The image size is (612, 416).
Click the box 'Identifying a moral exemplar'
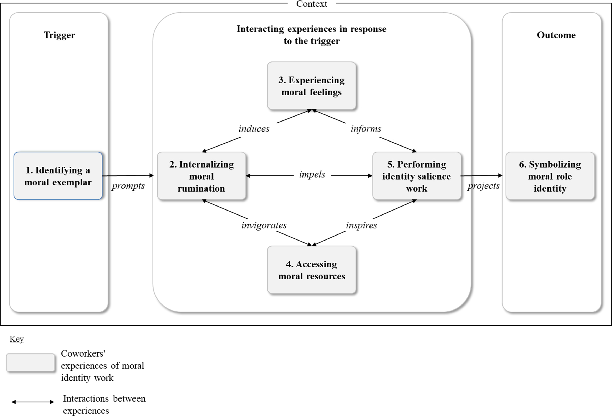pyautogui.click(x=58, y=176)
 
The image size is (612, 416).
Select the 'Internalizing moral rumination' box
pyautogui.click(x=202, y=176)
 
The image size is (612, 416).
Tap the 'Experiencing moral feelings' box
pyautogui.click(x=312, y=86)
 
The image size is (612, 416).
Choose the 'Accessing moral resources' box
pyautogui.click(x=312, y=270)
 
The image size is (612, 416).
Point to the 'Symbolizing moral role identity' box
pyautogui.click(x=550, y=176)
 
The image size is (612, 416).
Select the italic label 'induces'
pyautogui.click(x=254, y=129)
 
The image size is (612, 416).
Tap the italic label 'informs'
pyautogui.click(x=366, y=129)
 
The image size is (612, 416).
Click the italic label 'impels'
pyautogui.click(x=312, y=174)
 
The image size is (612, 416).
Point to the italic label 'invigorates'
pyautogui.click(x=264, y=225)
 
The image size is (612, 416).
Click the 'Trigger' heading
pyautogui.click(x=60, y=35)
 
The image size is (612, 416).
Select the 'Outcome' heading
pyautogui.click(x=556, y=35)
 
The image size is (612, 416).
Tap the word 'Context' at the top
pyautogui.click(x=312, y=4)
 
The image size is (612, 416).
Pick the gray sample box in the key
pyautogui.click(x=31, y=362)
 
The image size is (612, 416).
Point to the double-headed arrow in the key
pyautogui.click(x=33, y=402)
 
